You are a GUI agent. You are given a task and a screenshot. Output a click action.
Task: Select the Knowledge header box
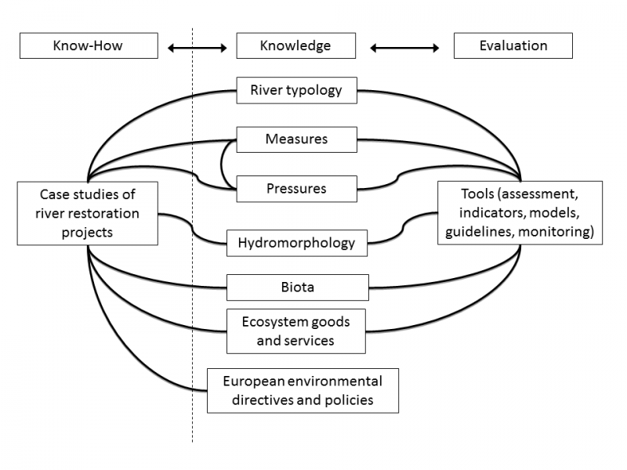pyautogui.click(x=296, y=45)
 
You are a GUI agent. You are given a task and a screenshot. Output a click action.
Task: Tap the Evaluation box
pyautogui.click(x=513, y=45)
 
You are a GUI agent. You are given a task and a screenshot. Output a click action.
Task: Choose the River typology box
pyautogui.click(x=296, y=90)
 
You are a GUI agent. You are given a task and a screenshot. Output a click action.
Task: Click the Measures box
pyautogui.click(x=296, y=140)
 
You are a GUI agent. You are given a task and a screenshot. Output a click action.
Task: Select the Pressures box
pyautogui.click(x=296, y=189)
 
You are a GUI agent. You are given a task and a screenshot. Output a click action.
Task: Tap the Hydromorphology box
pyautogui.click(x=296, y=243)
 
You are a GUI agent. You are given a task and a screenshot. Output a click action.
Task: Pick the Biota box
pyautogui.click(x=297, y=287)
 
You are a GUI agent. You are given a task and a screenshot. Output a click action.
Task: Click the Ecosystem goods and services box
pyautogui.click(x=296, y=331)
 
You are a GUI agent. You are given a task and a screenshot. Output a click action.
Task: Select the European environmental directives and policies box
pyautogui.click(x=303, y=391)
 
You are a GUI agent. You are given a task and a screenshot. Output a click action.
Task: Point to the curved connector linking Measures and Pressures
pyautogui.click(x=222, y=164)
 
